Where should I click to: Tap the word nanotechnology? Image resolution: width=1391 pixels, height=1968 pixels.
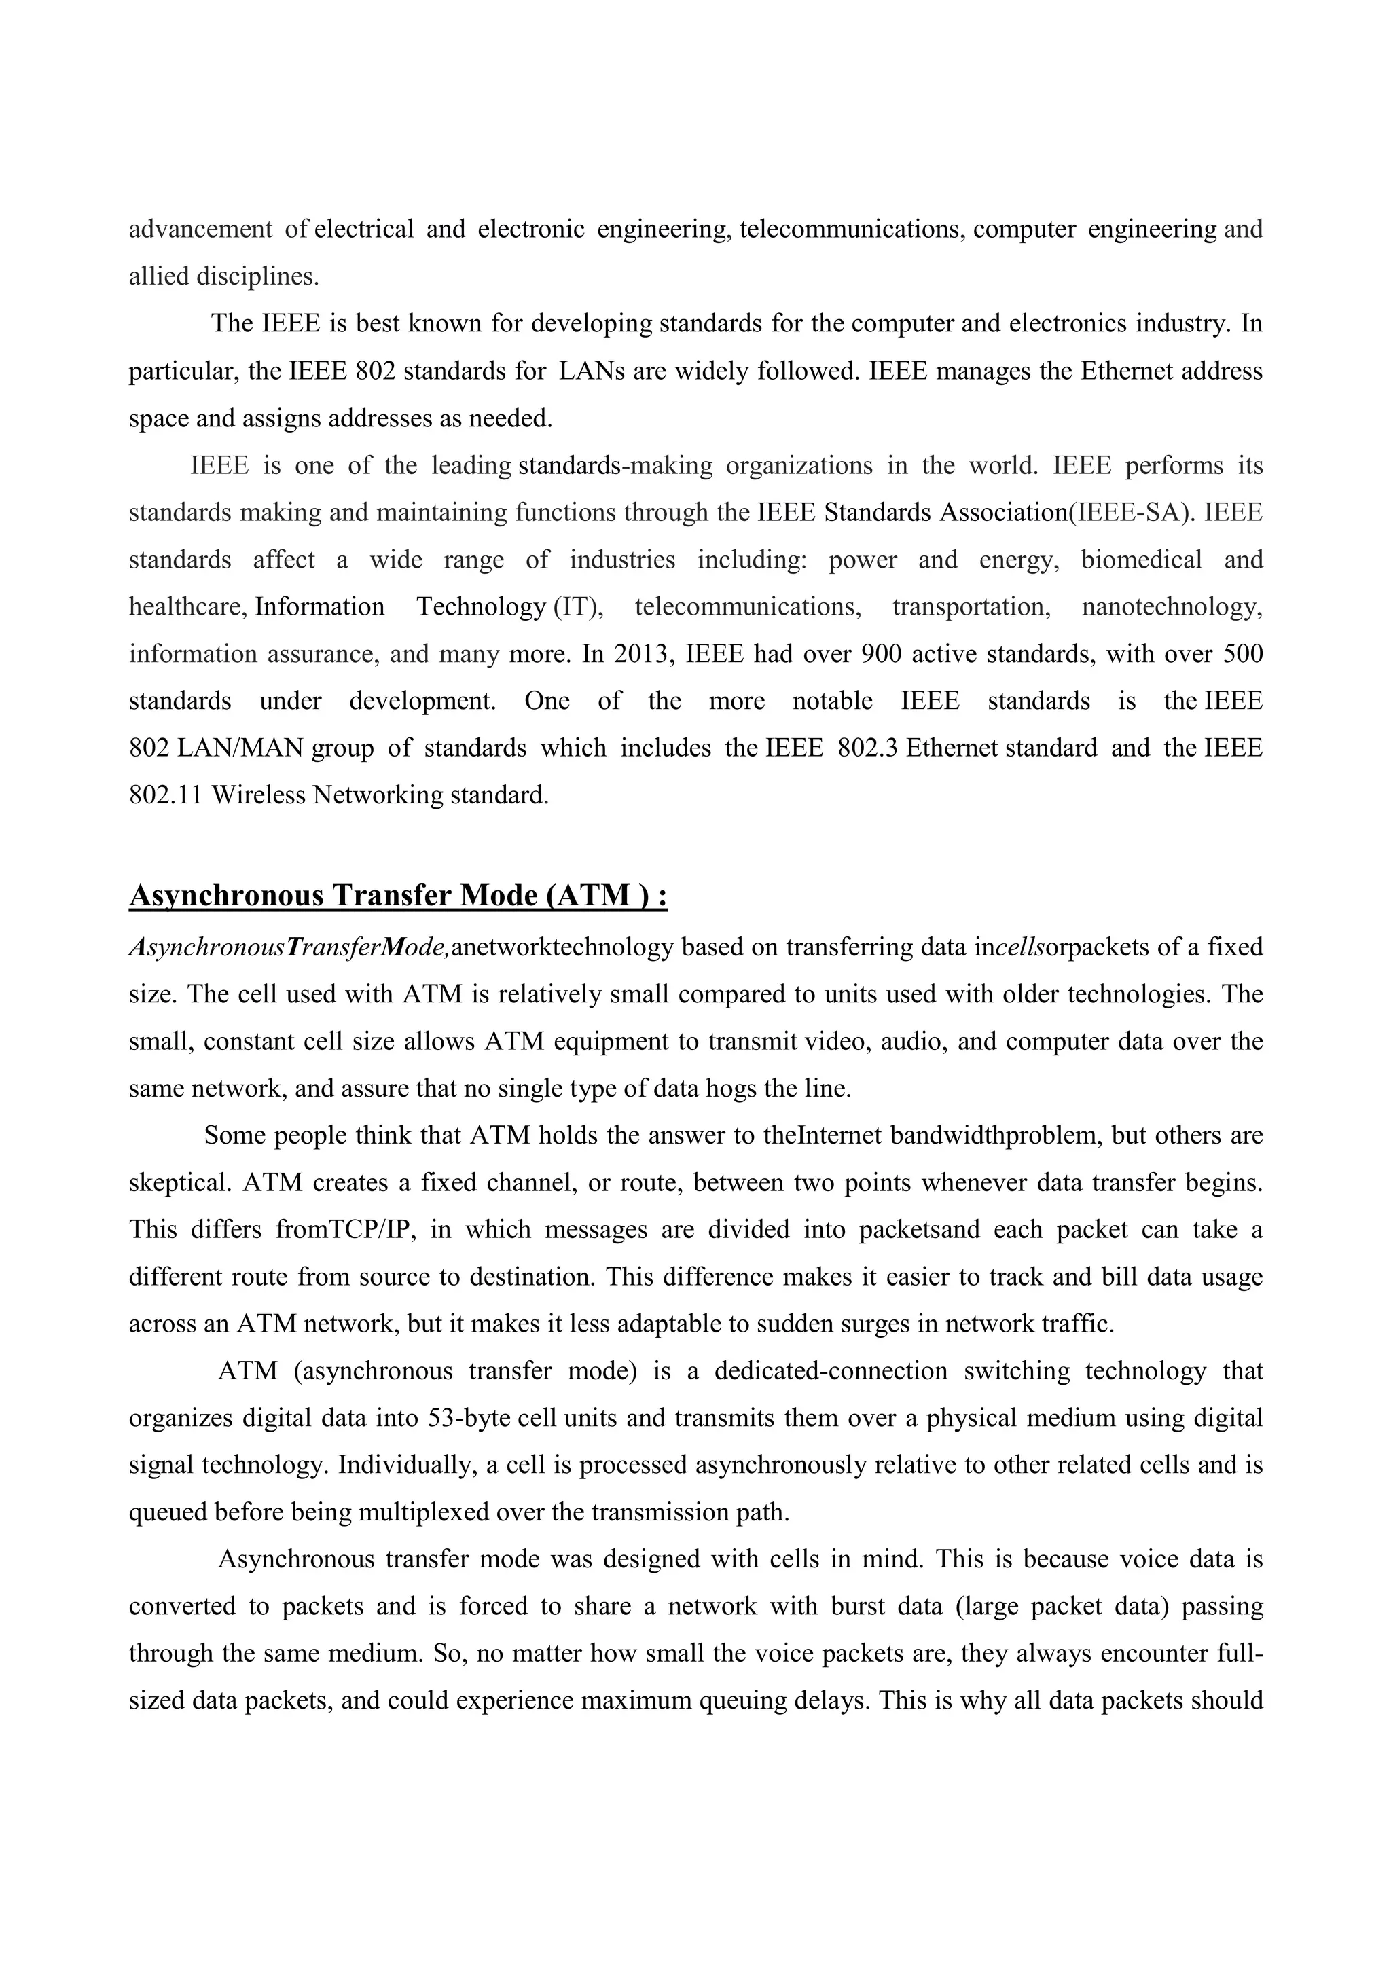(1171, 608)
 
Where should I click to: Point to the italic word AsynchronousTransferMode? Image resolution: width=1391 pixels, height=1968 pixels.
(288, 949)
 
